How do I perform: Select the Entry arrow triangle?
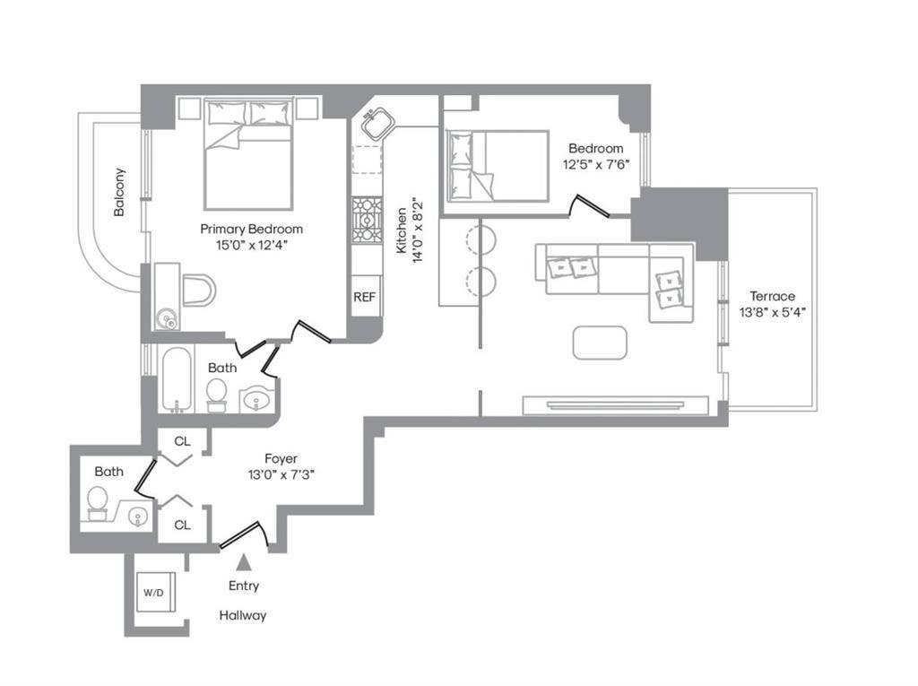243,563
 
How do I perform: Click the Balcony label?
119,193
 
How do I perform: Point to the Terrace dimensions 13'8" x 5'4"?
767,313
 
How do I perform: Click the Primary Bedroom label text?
251,229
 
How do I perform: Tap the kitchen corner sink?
377,123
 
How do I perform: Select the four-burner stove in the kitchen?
366,220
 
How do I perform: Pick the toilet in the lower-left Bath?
96,500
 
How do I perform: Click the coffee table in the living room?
600,343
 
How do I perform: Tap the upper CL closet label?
182,441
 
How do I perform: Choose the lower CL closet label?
182,525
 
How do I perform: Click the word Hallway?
243,616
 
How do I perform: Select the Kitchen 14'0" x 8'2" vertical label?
409,230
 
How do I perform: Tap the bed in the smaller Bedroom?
497,166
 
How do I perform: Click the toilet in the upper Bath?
216,393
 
